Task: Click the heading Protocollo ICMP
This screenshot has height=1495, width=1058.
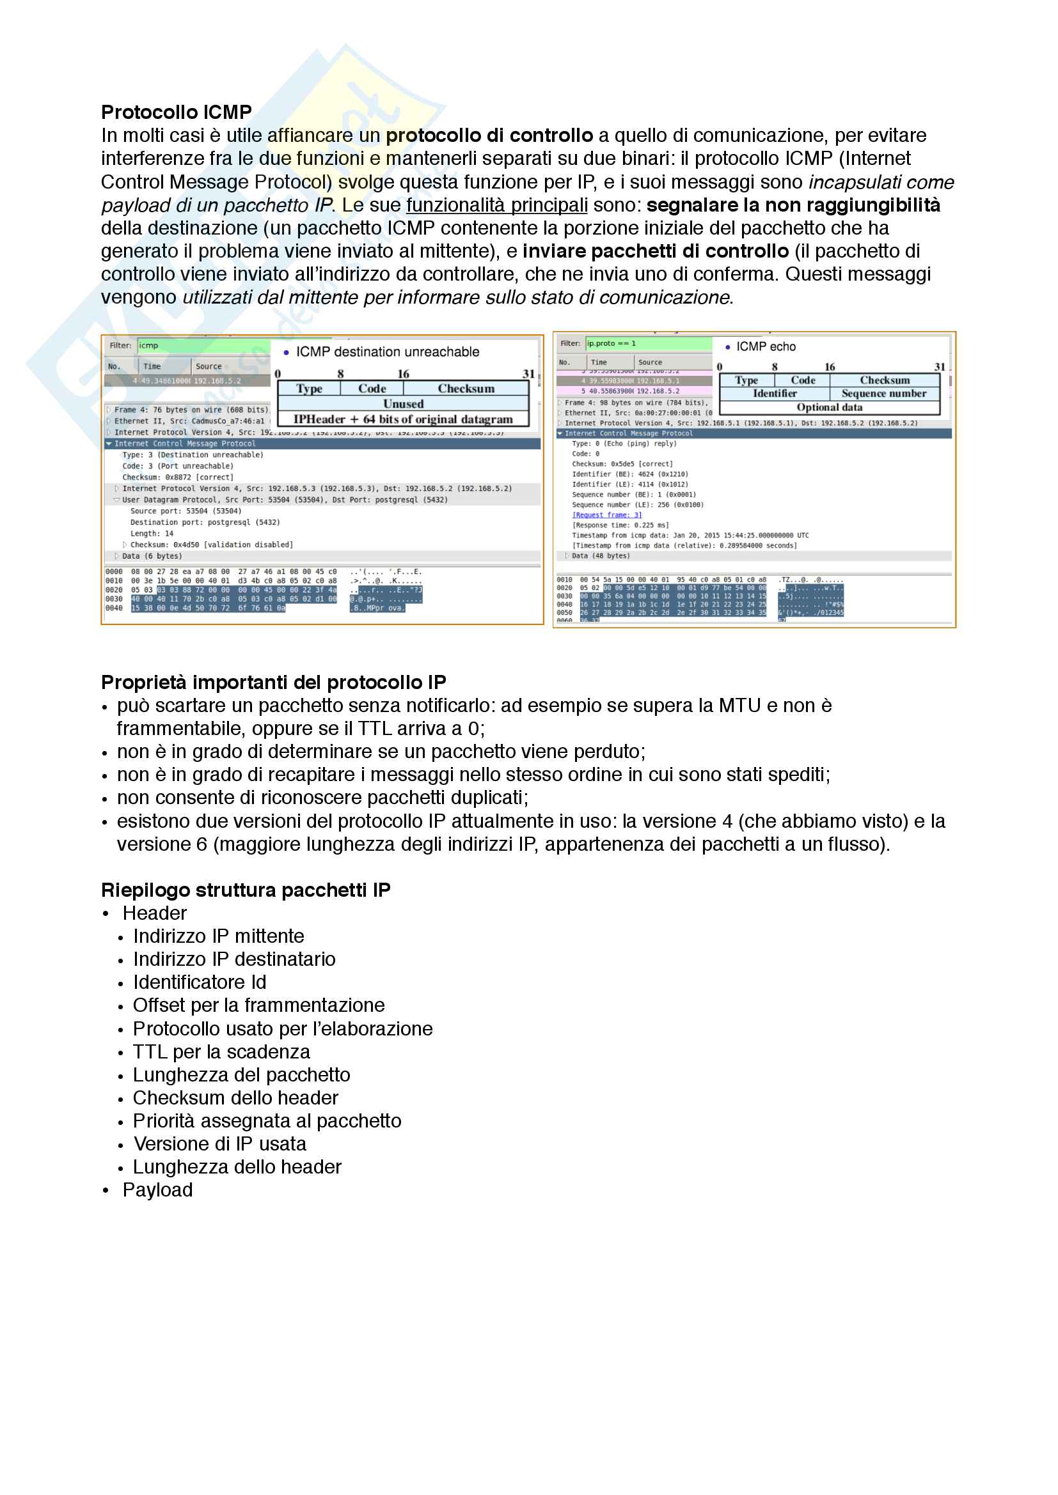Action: point(176,112)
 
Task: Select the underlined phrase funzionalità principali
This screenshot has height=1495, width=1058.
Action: point(496,205)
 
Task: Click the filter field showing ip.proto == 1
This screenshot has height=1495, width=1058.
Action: point(647,343)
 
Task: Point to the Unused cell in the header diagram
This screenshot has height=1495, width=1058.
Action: point(403,404)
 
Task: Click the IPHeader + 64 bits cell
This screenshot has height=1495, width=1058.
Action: point(403,419)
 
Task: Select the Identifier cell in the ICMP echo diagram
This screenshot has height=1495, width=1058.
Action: point(775,393)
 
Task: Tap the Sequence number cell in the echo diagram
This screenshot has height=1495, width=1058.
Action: point(883,393)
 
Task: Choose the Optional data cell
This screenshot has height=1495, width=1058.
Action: point(830,408)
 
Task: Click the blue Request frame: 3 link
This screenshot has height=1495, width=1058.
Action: point(606,515)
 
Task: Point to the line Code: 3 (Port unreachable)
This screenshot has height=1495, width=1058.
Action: point(177,466)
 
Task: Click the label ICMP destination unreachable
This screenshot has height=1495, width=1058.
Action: point(388,352)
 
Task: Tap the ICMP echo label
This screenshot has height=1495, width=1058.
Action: point(766,346)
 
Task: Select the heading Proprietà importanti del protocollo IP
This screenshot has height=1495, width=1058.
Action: point(274,683)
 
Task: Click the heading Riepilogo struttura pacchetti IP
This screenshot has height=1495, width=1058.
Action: point(246,890)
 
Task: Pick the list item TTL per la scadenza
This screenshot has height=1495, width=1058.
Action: point(221,1052)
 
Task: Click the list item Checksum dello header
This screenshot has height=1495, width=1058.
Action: point(235,1098)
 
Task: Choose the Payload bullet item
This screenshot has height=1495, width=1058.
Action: point(157,1190)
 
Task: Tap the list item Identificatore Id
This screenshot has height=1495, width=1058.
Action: point(200,982)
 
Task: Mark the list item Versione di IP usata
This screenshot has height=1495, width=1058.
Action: point(219,1144)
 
